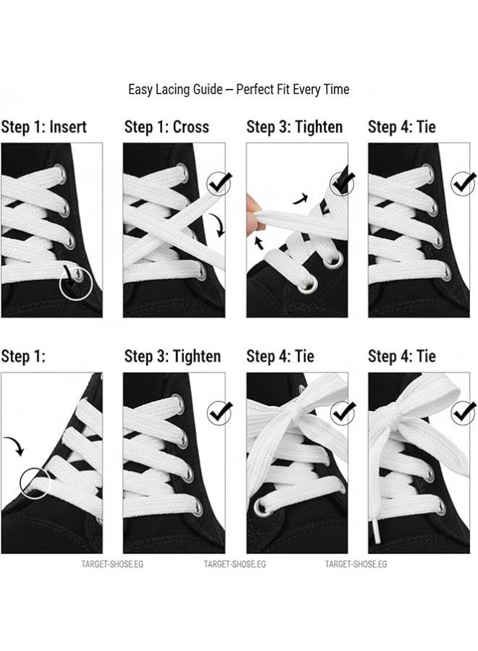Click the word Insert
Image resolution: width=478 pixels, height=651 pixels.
click(68, 127)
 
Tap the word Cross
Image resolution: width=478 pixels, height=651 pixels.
click(190, 127)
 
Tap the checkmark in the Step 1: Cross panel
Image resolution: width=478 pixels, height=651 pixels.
click(219, 184)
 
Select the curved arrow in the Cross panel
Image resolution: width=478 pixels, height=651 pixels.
click(219, 225)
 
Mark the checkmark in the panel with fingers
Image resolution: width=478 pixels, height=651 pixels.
click(342, 181)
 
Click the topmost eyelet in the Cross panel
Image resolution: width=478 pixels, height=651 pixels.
click(182, 171)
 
